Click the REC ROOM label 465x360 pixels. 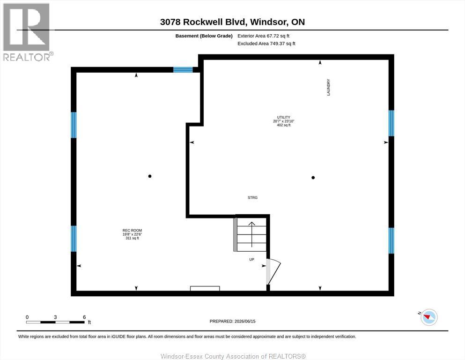(x=132, y=230)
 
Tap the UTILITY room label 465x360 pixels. (x=283, y=117)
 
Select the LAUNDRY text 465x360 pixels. (x=328, y=87)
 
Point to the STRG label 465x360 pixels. (x=253, y=197)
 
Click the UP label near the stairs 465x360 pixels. (x=252, y=259)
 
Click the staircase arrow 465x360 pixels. (x=252, y=234)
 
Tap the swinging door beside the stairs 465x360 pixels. (x=273, y=271)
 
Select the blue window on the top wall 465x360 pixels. (x=183, y=70)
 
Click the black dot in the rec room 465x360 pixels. (x=150, y=176)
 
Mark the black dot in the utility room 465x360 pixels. (x=313, y=178)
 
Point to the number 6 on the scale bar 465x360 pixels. (x=84, y=317)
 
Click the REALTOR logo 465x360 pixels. (x=27, y=32)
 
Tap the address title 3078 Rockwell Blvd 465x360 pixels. (x=203, y=22)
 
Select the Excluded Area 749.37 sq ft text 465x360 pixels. (x=266, y=43)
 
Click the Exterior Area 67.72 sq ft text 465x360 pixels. (x=263, y=36)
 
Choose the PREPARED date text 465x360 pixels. (x=232, y=321)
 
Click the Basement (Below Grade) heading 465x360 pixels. (x=204, y=36)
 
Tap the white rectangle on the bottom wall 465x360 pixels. (x=205, y=288)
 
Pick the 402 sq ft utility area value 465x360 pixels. (x=283, y=125)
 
